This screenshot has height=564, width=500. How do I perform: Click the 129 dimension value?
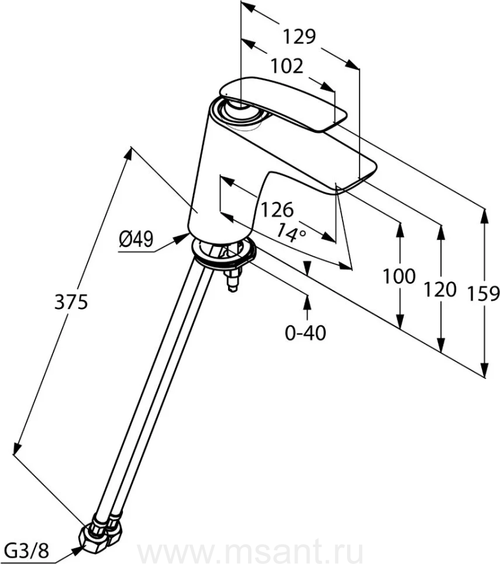click(x=296, y=38)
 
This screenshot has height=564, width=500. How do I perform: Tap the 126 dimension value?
click(x=276, y=209)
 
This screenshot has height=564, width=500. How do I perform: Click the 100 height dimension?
click(x=398, y=276)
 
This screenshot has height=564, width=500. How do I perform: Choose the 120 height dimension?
click(x=440, y=290)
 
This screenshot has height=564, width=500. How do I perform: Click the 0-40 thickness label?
click(x=306, y=333)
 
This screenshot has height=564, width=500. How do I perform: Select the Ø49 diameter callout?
click(x=137, y=239)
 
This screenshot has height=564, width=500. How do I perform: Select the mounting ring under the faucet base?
click(x=224, y=254)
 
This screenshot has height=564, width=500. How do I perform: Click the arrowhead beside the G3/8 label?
click(x=78, y=549)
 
